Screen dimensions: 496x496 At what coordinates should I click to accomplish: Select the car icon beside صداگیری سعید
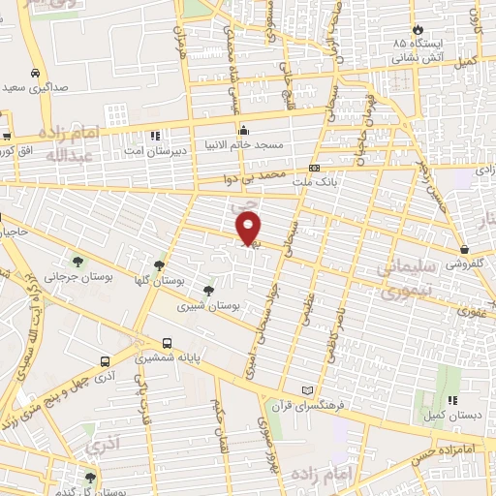(35, 74)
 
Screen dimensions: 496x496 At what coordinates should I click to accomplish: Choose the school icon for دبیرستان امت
(155, 136)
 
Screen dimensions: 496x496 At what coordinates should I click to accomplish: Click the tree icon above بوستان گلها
(159, 264)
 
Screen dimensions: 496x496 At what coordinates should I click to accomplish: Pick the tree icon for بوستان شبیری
(208, 290)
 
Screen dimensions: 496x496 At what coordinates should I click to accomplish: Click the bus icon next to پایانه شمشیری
(168, 343)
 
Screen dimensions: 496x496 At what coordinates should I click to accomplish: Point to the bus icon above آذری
(105, 360)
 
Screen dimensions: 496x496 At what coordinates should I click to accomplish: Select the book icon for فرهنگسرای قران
(308, 389)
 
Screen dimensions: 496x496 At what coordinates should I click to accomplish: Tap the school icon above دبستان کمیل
(451, 398)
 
